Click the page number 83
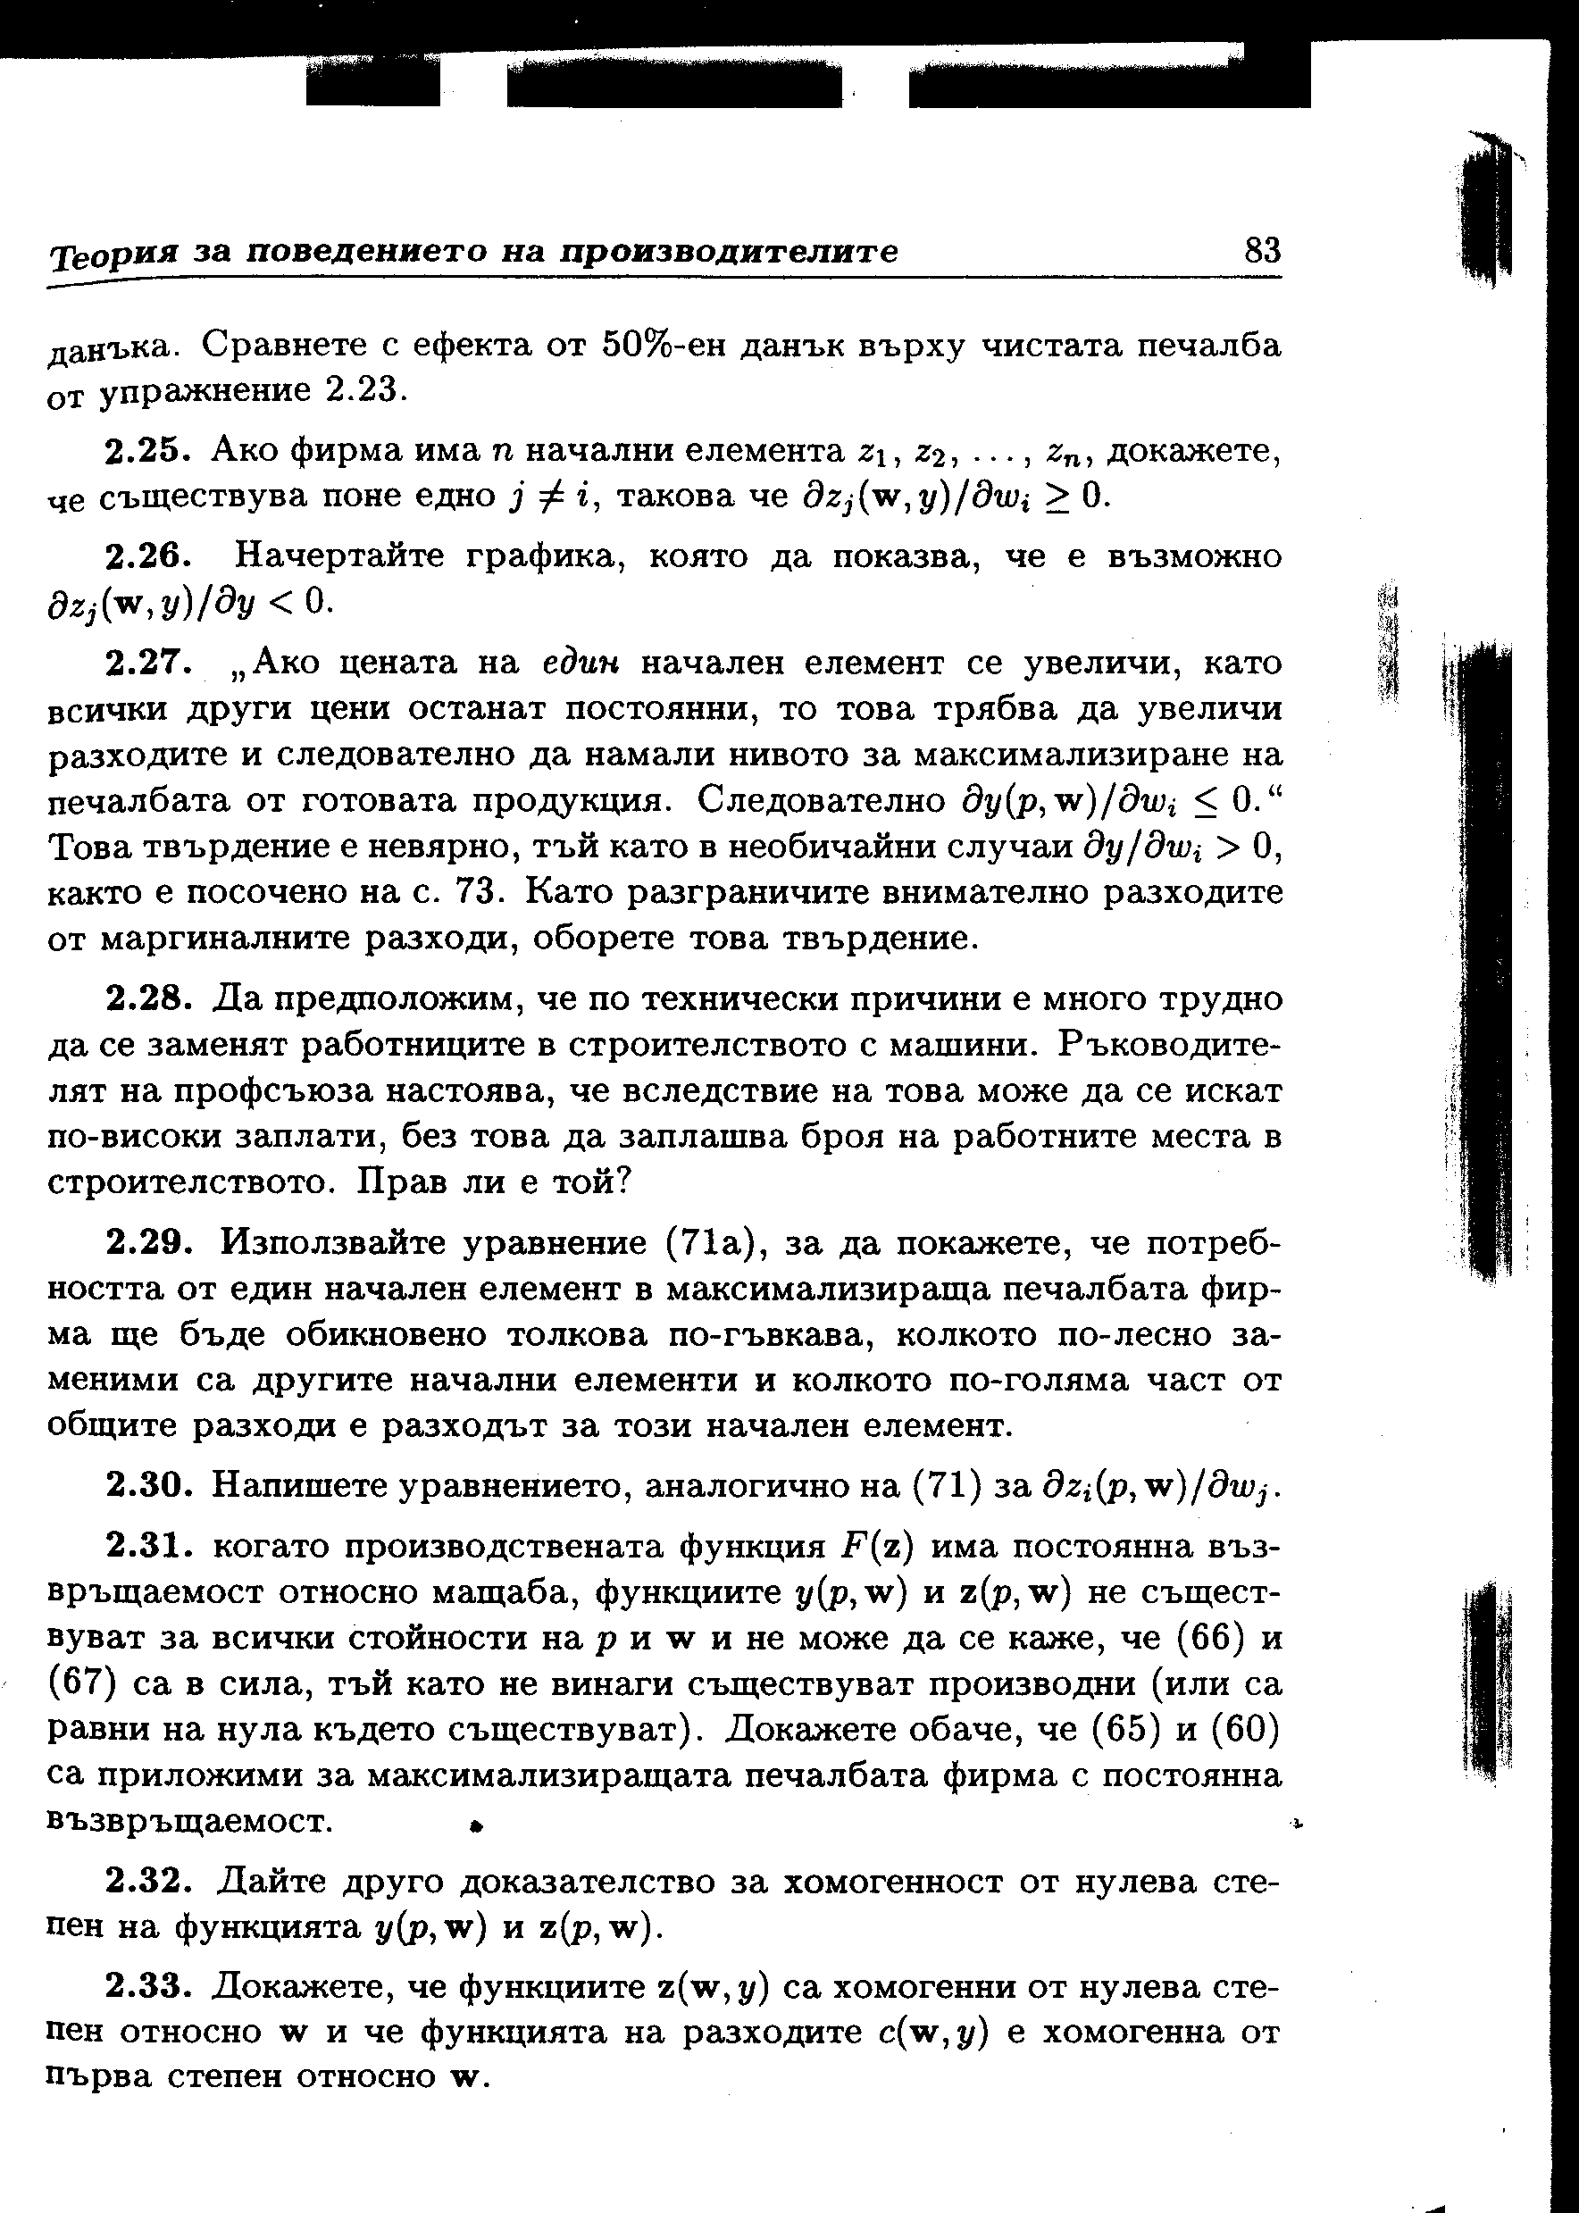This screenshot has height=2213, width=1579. [1262, 251]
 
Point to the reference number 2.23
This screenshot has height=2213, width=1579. [362, 391]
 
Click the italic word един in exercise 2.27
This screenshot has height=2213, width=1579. [582, 664]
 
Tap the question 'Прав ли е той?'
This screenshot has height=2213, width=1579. [496, 1182]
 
